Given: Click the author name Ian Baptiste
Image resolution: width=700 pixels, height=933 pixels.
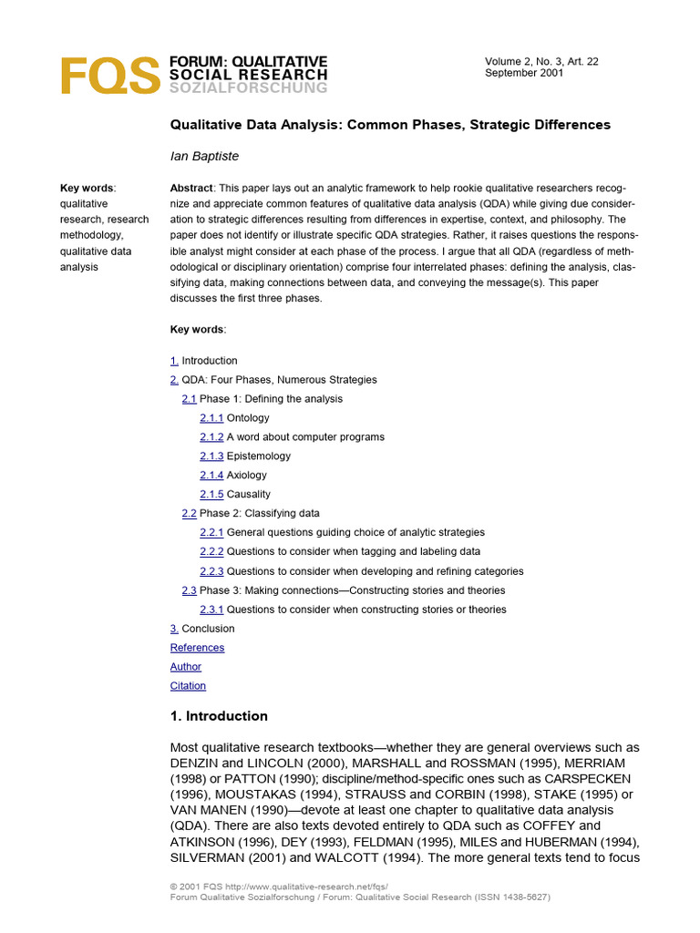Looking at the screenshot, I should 204,156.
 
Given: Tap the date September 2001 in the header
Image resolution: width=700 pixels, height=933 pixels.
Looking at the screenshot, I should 524,73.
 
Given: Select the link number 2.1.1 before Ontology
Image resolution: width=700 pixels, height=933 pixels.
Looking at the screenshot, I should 211,417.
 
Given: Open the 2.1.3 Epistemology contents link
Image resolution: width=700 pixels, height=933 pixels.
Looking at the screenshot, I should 211,456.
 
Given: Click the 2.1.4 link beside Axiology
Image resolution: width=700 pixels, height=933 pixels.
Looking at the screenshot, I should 211,475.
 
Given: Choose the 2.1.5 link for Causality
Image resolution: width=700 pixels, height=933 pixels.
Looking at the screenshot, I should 211,494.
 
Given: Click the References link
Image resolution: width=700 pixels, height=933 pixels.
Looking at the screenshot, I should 197,647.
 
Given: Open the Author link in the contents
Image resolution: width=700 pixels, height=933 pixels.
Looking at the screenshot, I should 186,666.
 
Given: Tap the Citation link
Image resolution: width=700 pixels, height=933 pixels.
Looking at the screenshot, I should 188,685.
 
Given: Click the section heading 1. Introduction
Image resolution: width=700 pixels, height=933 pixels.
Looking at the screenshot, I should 219,715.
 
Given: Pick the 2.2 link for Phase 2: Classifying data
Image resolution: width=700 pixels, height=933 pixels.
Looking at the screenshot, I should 189,513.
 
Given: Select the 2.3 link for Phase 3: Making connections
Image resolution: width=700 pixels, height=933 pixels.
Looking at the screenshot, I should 189,590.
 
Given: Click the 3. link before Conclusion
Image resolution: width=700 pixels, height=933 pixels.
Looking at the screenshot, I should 174,628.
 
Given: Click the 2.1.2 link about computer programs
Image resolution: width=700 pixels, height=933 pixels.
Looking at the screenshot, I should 211,436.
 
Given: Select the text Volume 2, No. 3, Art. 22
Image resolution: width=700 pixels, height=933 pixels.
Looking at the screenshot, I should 541,61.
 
